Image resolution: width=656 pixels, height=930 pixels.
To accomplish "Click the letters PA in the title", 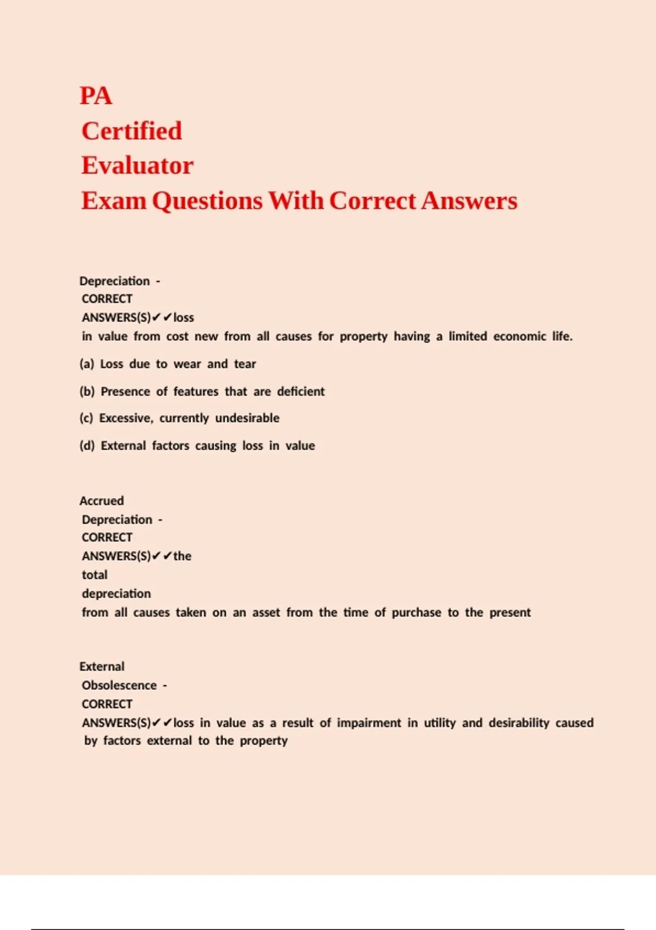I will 96,96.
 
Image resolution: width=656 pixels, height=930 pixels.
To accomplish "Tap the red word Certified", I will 132,131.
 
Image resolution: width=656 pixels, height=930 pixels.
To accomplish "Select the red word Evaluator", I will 137,166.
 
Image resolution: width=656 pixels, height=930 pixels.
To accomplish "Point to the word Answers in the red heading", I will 469,201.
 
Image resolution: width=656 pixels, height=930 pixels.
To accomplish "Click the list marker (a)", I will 87,364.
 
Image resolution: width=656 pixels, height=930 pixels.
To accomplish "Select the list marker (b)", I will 87,391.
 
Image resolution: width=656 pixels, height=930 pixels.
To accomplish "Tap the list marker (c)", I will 86,418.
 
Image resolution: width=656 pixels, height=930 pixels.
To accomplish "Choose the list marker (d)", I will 87,445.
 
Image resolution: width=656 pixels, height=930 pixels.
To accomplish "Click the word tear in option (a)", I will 245,364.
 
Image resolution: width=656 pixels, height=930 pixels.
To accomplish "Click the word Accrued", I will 102,501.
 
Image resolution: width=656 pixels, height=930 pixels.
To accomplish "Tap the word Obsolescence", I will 119,685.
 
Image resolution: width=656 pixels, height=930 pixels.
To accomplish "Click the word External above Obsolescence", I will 102,666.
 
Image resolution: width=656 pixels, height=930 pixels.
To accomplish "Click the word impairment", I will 369,723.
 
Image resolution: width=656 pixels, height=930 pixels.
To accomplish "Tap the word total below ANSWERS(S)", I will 95,575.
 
